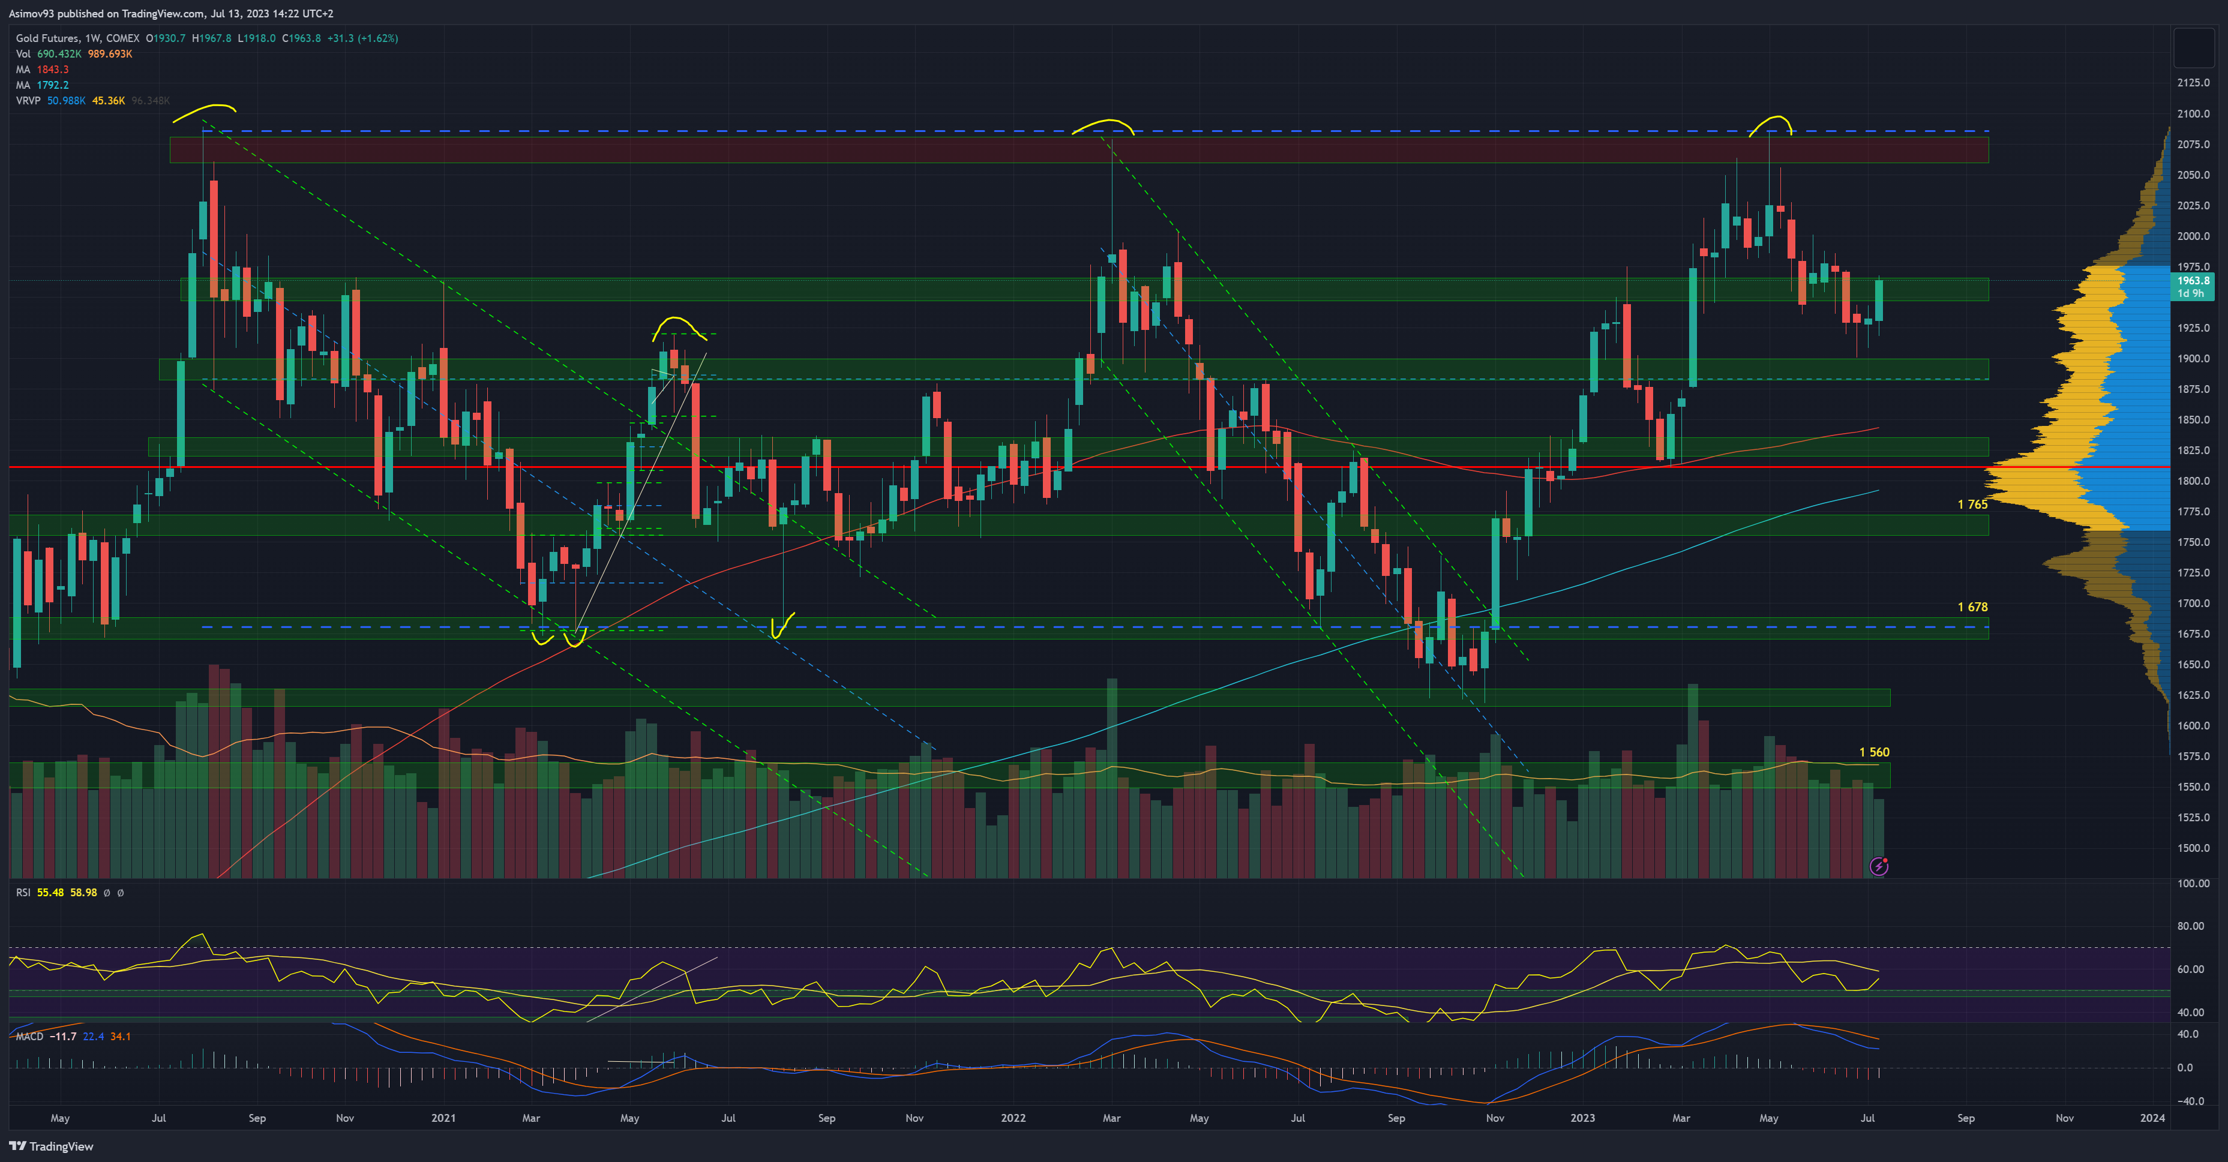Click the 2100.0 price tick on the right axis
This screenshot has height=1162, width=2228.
point(2193,114)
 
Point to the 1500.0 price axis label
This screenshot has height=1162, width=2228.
point(2193,848)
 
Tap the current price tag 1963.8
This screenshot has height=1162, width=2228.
point(2193,281)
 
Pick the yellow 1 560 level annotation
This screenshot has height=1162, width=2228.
point(1874,753)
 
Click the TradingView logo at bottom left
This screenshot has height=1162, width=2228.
point(51,1146)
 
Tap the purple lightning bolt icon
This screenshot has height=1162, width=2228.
point(1879,866)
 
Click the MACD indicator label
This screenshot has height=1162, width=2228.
point(29,1037)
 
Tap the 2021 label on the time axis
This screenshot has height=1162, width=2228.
point(443,1118)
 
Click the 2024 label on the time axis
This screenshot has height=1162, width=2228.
point(2152,1118)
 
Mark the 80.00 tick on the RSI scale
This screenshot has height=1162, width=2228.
point(2190,926)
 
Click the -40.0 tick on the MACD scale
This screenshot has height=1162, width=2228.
point(2190,1101)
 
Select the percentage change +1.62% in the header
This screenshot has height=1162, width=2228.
point(380,38)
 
